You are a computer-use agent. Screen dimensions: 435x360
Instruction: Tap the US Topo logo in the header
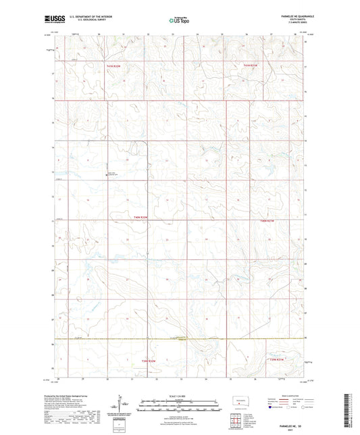tap(179, 21)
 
